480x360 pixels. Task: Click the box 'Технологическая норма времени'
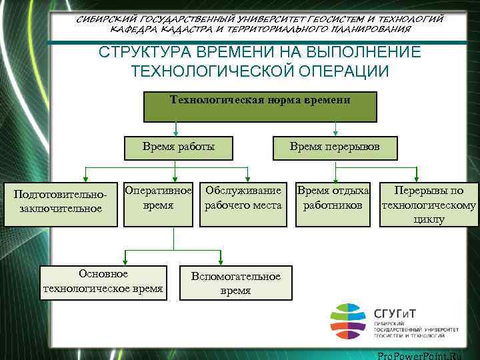(260, 107)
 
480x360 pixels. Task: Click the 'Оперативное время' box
(159, 203)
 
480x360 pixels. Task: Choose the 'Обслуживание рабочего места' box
(243, 203)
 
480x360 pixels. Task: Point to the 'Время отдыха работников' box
(333, 203)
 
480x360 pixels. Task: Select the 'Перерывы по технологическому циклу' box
(429, 203)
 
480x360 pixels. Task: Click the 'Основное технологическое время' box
(102, 283)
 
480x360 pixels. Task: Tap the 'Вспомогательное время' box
(235, 283)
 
